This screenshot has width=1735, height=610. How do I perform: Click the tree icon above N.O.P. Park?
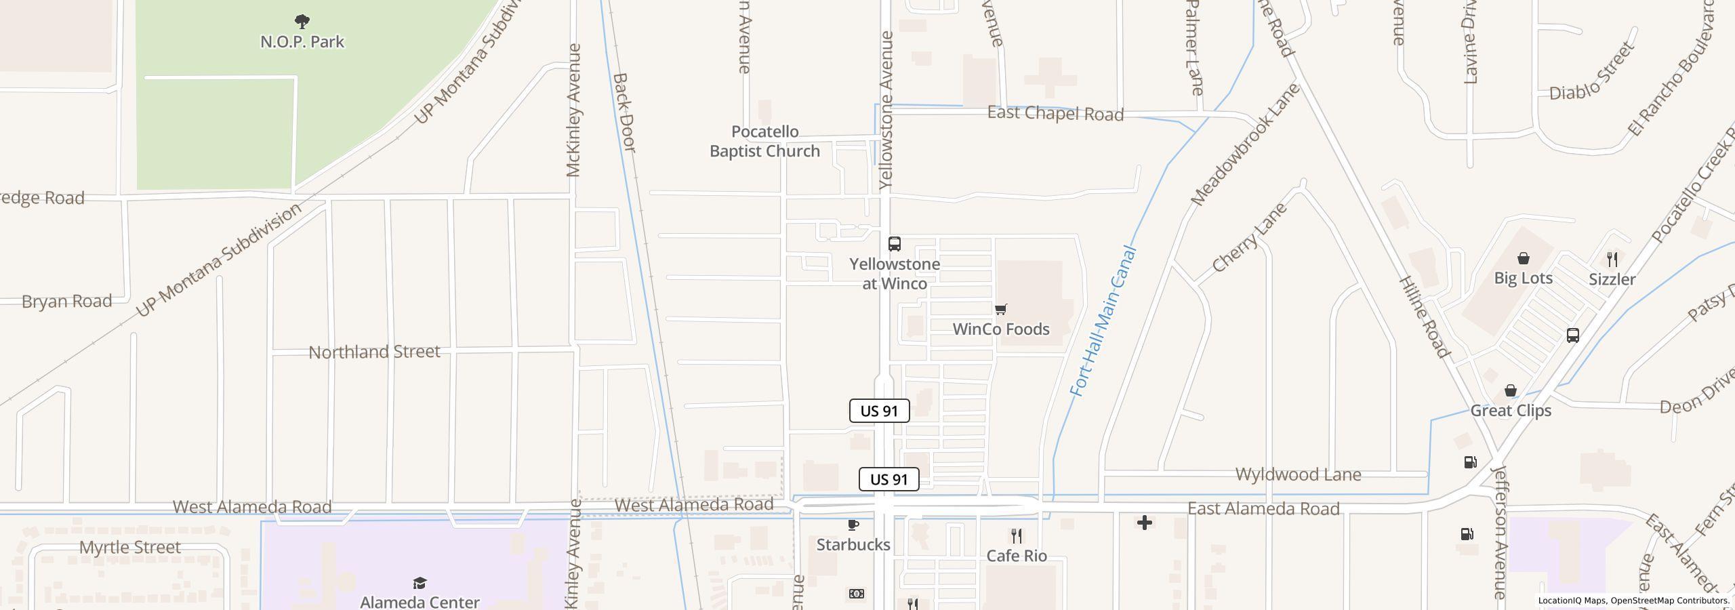(x=302, y=22)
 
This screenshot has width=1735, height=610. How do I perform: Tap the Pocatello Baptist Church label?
(x=764, y=142)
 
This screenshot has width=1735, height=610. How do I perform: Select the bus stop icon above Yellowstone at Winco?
(x=895, y=244)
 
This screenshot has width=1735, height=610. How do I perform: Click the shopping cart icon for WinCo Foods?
(x=1000, y=310)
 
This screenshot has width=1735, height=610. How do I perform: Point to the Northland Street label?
(x=374, y=352)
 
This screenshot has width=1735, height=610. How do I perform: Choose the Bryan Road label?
(x=66, y=301)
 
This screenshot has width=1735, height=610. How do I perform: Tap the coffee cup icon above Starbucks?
(x=853, y=525)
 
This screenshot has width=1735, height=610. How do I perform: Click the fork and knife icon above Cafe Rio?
(x=1017, y=536)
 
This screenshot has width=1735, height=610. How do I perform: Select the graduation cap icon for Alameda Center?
(x=420, y=583)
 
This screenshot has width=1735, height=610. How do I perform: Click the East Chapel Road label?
(x=1055, y=113)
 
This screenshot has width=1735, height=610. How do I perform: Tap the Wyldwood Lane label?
(x=1298, y=474)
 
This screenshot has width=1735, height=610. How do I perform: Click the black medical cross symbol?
(x=1145, y=523)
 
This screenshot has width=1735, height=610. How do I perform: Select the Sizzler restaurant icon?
(x=1612, y=259)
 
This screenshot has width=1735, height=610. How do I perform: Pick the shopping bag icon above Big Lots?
(x=1524, y=258)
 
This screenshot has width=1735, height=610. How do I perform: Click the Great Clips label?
(x=1511, y=411)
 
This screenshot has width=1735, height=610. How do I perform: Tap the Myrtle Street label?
(x=130, y=547)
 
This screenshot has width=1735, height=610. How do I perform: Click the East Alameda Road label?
(x=1263, y=509)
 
